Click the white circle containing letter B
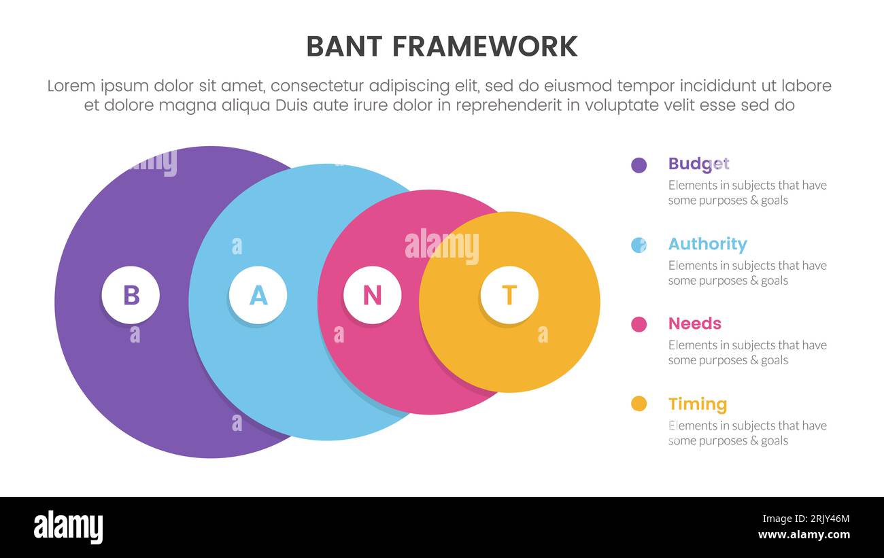click(x=131, y=296)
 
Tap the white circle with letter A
click(x=258, y=295)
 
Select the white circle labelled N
click(x=372, y=295)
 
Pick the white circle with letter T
click(x=509, y=295)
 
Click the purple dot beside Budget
click(x=639, y=164)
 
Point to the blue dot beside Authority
click(x=639, y=245)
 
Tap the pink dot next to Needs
click(x=639, y=324)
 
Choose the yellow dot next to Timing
click(x=639, y=404)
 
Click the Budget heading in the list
click(x=698, y=164)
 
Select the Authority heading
click(x=707, y=244)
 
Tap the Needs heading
click(x=694, y=324)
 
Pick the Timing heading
click(x=697, y=404)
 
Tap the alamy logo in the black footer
click(x=68, y=527)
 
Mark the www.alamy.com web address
click(x=804, y=535)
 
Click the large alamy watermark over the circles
click(x=441, y=246)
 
